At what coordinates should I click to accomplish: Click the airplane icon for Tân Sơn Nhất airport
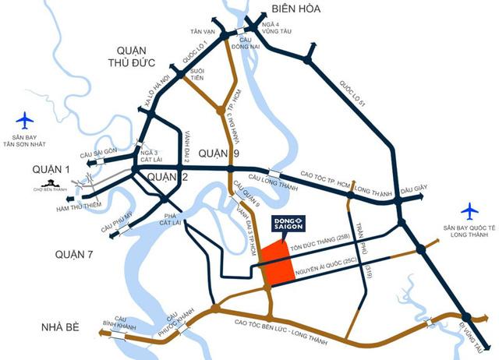click(26, 120)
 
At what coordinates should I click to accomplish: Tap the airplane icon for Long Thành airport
click(469, 211)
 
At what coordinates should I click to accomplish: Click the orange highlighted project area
click(277, 263)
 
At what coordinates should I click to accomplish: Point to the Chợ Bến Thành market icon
click(48, 187)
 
